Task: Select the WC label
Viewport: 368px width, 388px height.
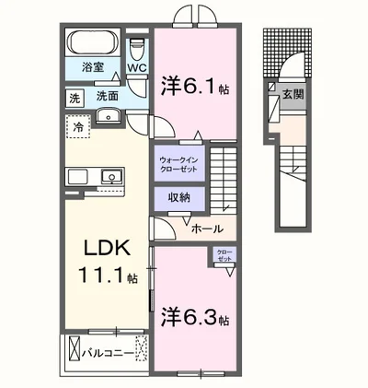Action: [137, 69]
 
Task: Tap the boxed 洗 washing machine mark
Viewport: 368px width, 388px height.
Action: [73, 96]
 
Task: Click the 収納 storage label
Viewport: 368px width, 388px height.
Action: [178, 197]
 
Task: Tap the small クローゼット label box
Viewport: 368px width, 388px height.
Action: [224, 255]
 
